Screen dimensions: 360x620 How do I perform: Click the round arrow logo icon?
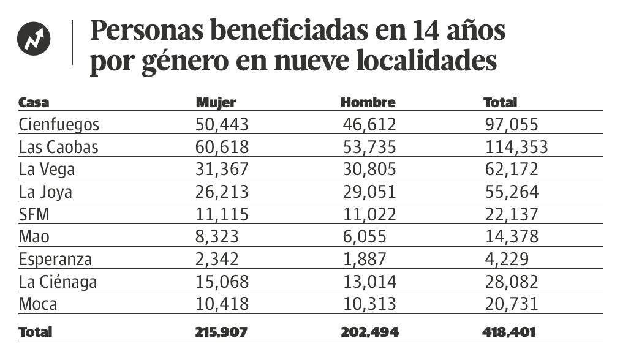click(x=34, y=39)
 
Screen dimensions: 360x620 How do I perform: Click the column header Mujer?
click(x=215, y=102)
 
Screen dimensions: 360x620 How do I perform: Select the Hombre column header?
click(x=368, y=102)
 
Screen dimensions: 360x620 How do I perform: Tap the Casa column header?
click(x=34, y=102)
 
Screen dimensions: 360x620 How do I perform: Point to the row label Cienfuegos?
click(x=59, y=125)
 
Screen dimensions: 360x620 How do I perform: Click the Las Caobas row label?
click(x=58, y=147)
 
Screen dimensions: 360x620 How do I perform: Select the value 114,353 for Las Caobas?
click(x=515, y=147)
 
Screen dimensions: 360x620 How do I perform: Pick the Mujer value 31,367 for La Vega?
click(x=222, y=169)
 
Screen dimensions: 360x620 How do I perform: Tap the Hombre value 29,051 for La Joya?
click(x=368, y=192)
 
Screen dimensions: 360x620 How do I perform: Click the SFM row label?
click(x=34, y=214)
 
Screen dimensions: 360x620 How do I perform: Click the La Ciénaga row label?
click(x=58, y=281)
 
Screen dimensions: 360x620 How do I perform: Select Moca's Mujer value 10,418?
click(x=222, y=303)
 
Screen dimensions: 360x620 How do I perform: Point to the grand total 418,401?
click(x=509, y=332)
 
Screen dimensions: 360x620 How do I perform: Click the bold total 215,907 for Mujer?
click(x=222, y=332)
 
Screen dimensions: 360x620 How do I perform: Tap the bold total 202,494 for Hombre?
click(x=369, y=332)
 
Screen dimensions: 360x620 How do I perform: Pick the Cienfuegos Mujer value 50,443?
click(x=222, y=125)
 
